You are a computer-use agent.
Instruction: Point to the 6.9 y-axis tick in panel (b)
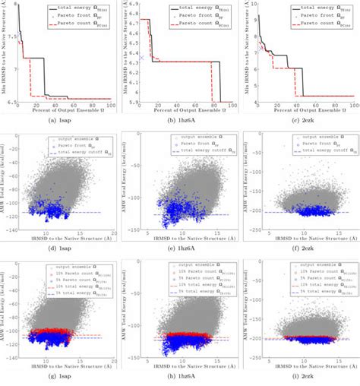[x=132, y=4]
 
